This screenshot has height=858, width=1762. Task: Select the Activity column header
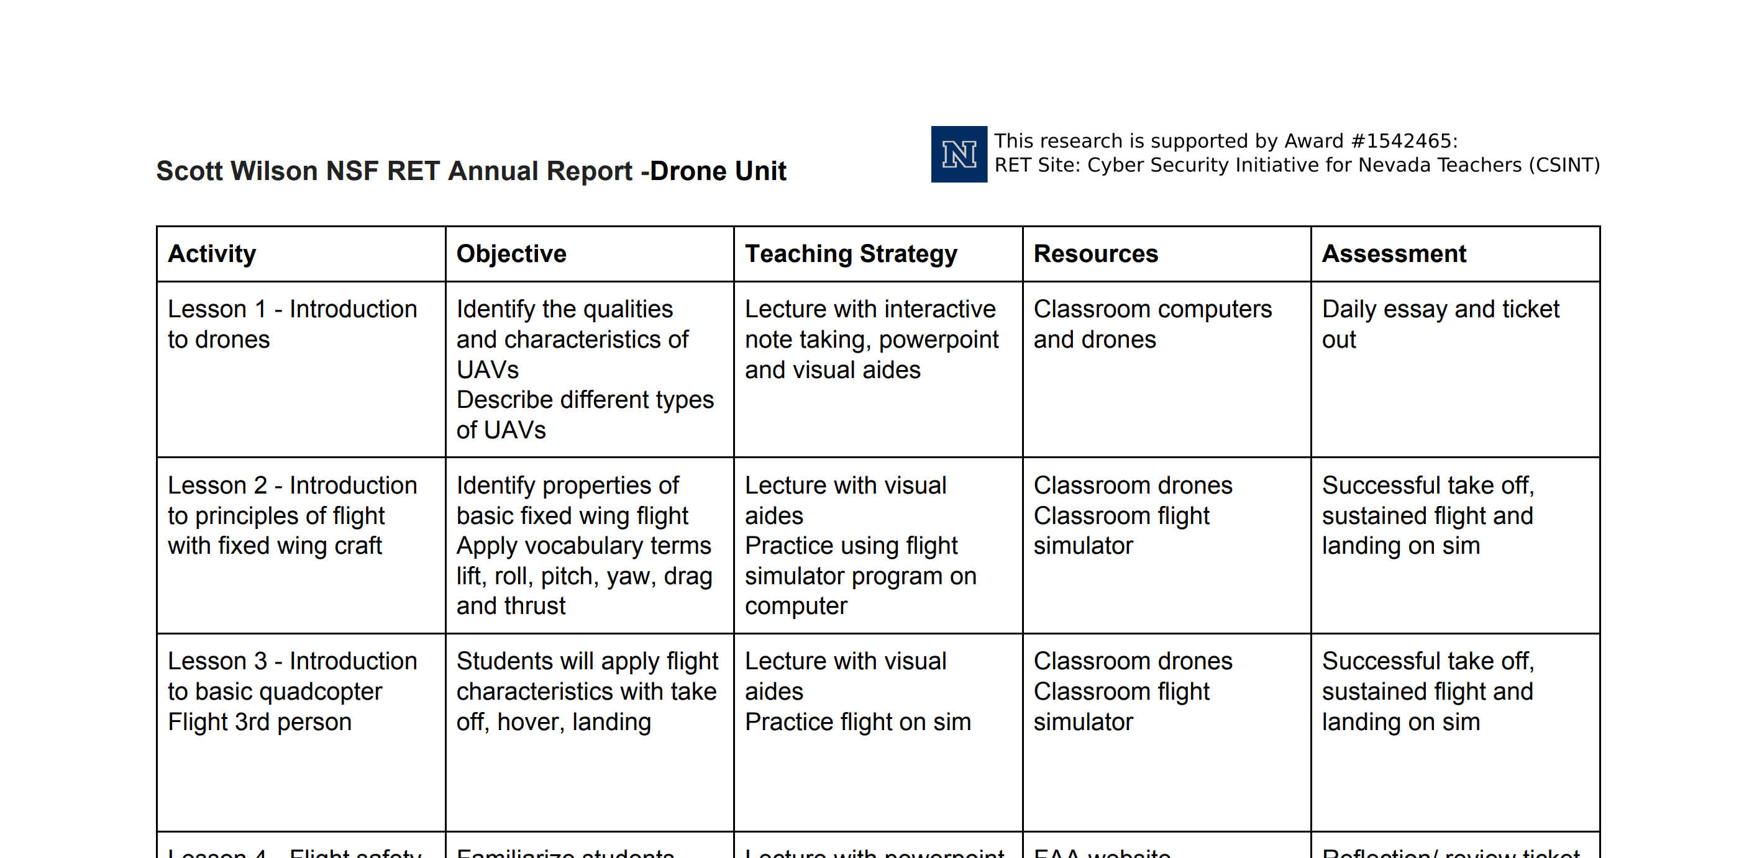212,254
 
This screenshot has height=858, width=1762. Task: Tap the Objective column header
511,254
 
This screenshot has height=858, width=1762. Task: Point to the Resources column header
1095,254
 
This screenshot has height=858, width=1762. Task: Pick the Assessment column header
1394,254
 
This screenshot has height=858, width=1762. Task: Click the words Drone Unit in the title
718,171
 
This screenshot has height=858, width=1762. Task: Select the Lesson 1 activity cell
292,324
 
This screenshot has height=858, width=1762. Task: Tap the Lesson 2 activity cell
292,515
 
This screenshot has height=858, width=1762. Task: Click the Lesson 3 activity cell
292,691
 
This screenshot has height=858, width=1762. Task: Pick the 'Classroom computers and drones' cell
1152,324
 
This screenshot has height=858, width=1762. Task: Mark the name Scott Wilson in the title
237,171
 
